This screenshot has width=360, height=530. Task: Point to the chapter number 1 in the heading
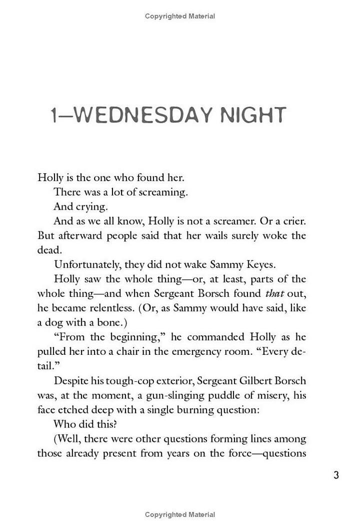[x=55, y=116]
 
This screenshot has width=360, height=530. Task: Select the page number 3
[x=336, y=475]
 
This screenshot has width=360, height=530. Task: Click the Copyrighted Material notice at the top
[x=180, y=16]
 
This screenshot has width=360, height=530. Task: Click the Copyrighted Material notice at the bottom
[x=180, y=514]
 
